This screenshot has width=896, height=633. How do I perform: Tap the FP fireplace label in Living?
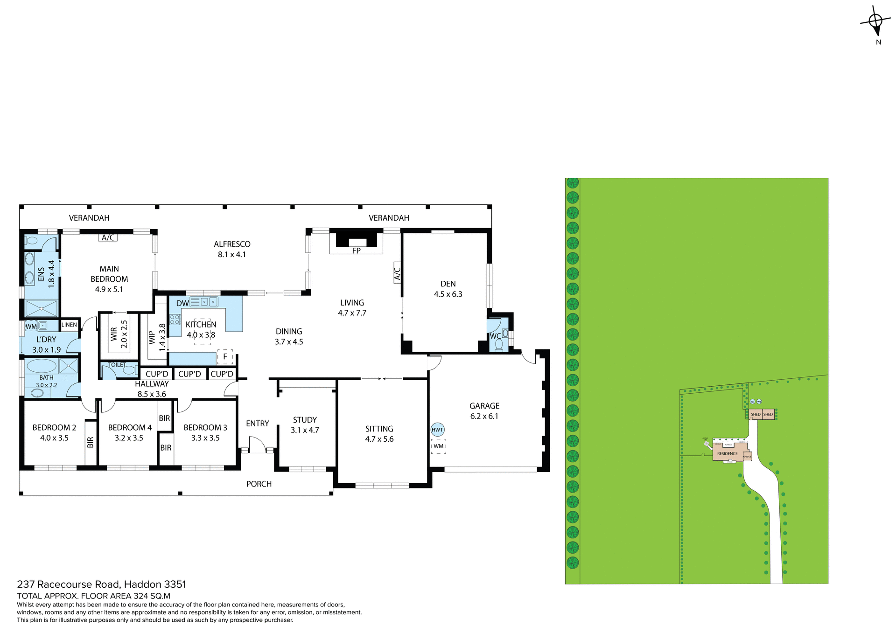[356, 250]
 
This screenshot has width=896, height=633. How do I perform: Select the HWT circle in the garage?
[437, 430]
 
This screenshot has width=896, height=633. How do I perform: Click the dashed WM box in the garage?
[438, 446]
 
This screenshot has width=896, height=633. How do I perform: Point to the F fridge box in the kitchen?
[225, 357]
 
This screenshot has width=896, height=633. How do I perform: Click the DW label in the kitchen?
[182, 303]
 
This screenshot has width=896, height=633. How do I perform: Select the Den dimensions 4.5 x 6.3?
[448, 294]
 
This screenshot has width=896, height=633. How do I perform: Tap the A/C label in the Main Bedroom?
[108, 237]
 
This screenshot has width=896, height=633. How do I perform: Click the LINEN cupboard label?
[69, 325]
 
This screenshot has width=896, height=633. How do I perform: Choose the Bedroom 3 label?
[205, 427]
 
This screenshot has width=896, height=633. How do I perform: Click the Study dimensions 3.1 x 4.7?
[305, 430]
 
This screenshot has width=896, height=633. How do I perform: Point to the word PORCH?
[259, 484]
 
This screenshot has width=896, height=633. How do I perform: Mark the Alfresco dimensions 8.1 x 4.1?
[232, 254]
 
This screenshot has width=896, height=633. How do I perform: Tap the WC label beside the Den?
[495, 336]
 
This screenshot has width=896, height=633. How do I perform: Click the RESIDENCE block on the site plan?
[727, 453]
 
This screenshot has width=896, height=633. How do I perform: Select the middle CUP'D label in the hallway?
[189, 374]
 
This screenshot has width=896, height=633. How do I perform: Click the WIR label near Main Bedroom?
[114, 334]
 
